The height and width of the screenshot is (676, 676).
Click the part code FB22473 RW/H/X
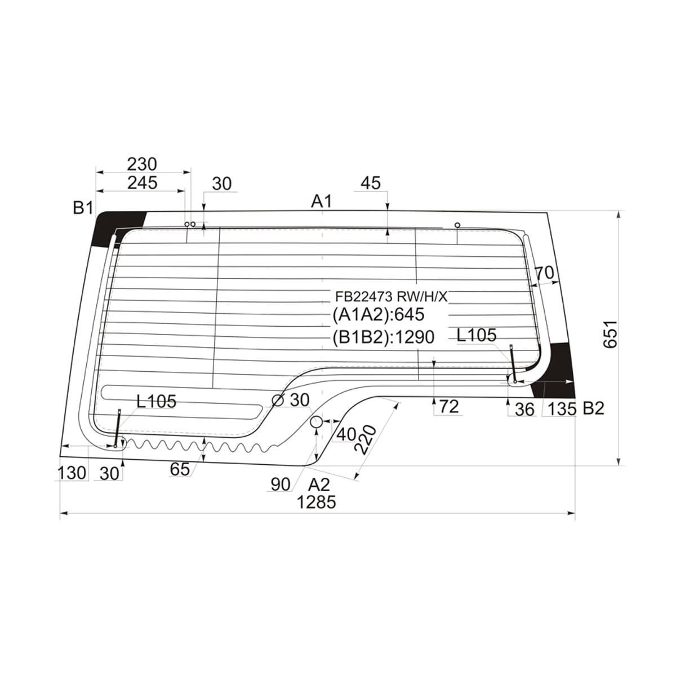click(391, 297)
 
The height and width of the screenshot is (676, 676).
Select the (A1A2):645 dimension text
click(378, 314)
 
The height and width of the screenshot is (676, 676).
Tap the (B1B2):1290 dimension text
click(383, 337)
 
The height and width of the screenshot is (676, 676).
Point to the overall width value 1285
click(317, 502)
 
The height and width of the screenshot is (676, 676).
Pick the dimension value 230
click(142, 164)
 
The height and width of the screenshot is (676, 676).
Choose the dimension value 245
click(142, 183)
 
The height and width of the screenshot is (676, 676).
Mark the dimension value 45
click(371, 183)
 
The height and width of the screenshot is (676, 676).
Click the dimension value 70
click(544, 273)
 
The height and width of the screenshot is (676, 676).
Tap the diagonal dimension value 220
click(366, 440)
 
